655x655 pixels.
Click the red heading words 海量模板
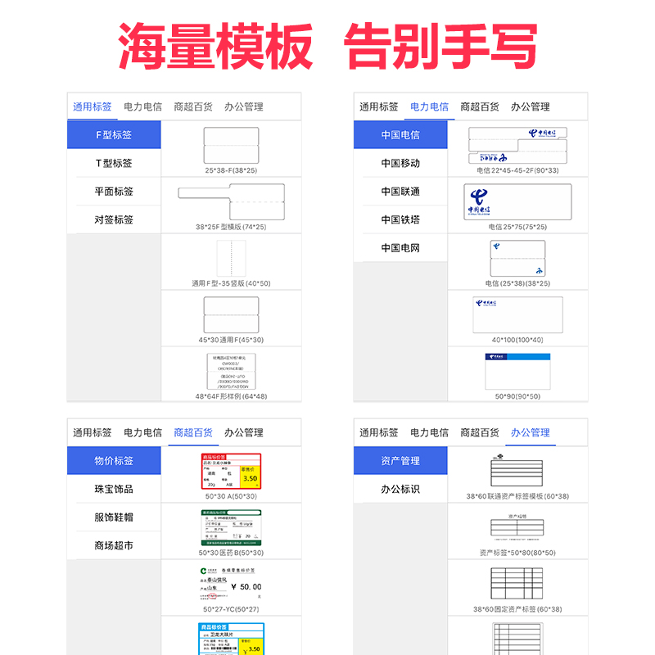(x=215, y=47)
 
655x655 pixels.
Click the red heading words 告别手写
(x=442, y=47)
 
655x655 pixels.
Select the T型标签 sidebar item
(x=114, y=163)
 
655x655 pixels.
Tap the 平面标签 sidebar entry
(x=114, y=192)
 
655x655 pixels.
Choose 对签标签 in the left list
(x=114, y=219)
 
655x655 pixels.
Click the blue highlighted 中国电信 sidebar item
(x=400, y=135)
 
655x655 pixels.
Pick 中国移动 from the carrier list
(x=400, y=163)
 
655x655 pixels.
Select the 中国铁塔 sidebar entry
(x=400, y=219)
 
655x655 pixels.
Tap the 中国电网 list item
(x=400, y=247)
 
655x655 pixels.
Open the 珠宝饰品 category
(x=114, y=489)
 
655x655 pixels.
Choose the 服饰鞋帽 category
(x=114, y=517)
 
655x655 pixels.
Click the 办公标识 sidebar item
(x=400, y=489)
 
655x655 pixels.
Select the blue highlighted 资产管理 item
(x=400, y=461)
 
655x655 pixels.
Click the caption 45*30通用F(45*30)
(x=231, y=340)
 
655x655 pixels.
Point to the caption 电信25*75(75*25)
(x=517, y=227)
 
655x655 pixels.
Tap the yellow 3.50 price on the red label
(x=251, y=479)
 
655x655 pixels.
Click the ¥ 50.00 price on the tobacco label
(x=246, y=587)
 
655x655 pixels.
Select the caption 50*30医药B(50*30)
(x=231, y=553)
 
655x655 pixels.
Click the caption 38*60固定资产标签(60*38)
(x=517, y=609)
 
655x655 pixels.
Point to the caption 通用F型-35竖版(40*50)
(x=231, y=283)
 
